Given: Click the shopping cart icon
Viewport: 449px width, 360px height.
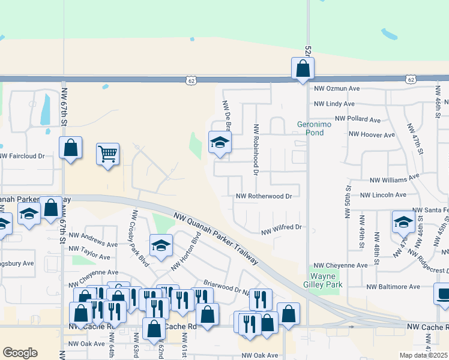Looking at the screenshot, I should tap(107, 154).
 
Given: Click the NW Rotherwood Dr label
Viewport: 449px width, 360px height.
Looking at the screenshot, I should tap(264, 196).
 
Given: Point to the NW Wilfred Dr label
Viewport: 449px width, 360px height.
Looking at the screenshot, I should tap(280, 228).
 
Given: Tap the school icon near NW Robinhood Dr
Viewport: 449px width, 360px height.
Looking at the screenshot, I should tap(220, 143).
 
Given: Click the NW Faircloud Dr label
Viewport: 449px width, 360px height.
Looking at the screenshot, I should tap(22, 156).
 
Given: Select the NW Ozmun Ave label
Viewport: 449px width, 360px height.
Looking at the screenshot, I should tap(337, 88).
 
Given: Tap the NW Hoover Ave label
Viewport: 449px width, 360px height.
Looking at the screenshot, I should tap(373, 135).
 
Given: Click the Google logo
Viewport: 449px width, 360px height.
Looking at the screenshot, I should tap(20, 353).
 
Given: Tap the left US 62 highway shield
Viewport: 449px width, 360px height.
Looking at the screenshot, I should tap(191, 79).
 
